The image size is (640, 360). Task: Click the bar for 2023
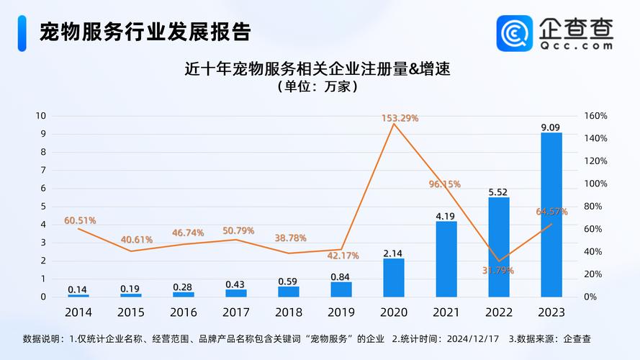tap(551, 215)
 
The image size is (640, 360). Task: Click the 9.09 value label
tap(551, 127)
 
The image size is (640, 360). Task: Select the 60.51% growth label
tap(80, 220)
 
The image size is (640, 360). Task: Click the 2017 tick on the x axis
tap(235, 312)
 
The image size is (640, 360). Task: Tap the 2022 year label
tap(499, 312)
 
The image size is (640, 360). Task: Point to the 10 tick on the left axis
tap(41, 116)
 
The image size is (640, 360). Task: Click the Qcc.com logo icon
tap(515, 33)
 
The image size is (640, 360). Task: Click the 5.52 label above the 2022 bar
tap(499, 192)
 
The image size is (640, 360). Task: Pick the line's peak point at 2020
tap(394, 124)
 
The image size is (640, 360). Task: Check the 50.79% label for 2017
tap(238, 230)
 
